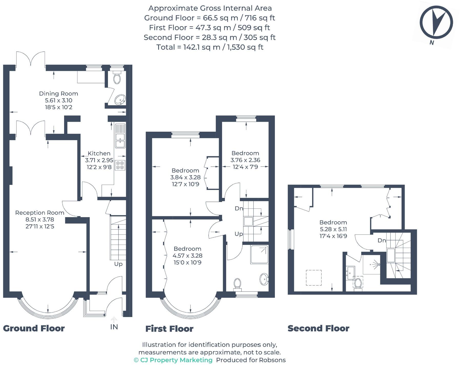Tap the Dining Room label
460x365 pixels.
[58, 94]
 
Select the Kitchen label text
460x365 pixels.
[99, 153]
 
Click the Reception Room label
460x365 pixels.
[39, 213]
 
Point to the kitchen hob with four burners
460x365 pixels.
[120, 165]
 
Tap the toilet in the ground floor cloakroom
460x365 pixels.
[117, 77]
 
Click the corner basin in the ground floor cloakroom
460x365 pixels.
[120, 100]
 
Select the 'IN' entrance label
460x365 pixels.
[114, 327]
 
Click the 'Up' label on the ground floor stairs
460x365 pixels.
[118, 264]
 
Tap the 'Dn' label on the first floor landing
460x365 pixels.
[239, 208]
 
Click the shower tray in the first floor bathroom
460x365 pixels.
[259, 254]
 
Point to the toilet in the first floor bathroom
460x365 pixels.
[237, 284]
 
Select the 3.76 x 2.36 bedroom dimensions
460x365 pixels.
[245, 160]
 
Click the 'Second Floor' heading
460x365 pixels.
[318, 328]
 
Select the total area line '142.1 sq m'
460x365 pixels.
[210, 47]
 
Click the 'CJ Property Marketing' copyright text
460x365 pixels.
[173, 360]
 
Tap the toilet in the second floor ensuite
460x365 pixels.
[358, 283]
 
